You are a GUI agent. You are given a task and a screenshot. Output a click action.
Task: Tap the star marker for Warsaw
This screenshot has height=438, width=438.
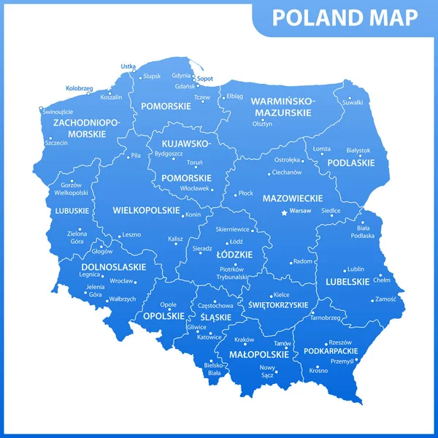pyautogui.click(x=285, y=212)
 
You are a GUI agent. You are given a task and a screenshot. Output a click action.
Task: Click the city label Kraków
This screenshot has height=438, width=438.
pyautogui.click(x=244, y=339)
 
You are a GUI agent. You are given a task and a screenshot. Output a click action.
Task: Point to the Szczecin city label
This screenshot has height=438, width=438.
pyautogui.click(x=56, y=142)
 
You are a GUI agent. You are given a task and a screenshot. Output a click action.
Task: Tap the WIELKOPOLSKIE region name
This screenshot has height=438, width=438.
pyautogui.click(x=146, y=210)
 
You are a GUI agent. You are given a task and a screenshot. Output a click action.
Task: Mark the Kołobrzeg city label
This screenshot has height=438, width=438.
pyautogui.click(x=79, y=88)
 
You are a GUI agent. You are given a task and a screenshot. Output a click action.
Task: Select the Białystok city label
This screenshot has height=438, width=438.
pyautogui.click(x=358, y=150)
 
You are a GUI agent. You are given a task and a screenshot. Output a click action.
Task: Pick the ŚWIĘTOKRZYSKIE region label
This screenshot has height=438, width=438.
pyautogui.click(x=278, y=304)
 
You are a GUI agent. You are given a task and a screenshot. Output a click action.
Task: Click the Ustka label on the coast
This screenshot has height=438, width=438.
pyautogui.click(x=128, y=66)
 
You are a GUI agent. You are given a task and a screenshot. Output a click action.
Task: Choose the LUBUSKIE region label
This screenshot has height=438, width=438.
pyautogui.click(x=72, y=211)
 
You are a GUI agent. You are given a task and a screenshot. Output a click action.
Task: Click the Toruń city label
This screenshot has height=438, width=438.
pyautogui.click(x=195, y=162)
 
